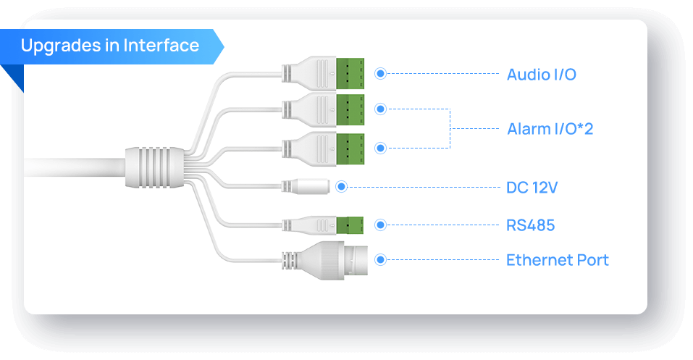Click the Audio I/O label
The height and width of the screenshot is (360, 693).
(541, 74)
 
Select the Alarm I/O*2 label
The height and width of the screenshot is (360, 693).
(550, 129)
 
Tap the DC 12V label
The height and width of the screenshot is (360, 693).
(532, 188)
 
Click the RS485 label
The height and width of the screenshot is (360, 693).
(530, 225)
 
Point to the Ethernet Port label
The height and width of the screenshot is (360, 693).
(557, 260)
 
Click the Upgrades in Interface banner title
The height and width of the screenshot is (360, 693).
(109, 46)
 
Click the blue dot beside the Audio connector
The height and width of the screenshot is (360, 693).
(380, 74)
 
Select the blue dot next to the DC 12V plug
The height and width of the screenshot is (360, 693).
(342, 187)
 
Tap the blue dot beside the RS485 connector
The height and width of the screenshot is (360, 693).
(380, 225)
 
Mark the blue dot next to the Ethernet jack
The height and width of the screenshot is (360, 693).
(380, 259)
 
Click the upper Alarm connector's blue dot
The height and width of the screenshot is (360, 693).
(380, 109)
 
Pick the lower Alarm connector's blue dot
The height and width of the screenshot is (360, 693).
(380, 148)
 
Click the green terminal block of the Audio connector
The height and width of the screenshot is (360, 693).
(350, 73)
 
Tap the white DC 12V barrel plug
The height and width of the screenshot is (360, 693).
(309, 187)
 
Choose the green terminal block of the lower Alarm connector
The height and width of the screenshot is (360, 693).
(350, 148)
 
